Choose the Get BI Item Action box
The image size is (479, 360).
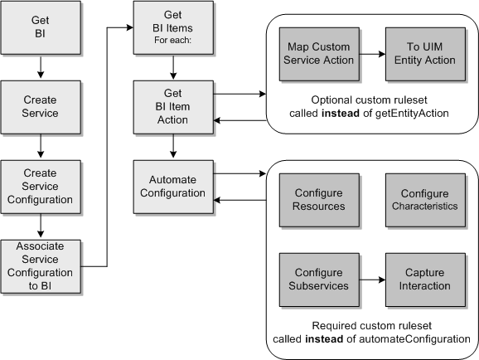click(173, 107)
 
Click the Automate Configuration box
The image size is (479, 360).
click(173, 187)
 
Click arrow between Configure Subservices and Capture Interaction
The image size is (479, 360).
click(370, 280)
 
